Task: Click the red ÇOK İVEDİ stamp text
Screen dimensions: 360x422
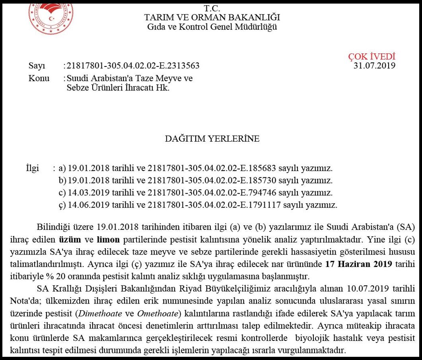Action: [371, 56]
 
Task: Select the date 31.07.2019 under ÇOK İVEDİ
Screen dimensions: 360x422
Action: [374, 66]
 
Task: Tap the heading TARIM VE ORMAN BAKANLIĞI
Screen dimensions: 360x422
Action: [212, 18]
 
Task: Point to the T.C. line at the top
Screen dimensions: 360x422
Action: [212, 8]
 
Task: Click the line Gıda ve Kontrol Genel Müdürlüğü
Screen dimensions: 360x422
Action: [212, 27]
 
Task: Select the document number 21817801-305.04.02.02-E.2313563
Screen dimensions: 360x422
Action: [133, 66]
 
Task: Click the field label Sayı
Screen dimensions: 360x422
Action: [37, 66]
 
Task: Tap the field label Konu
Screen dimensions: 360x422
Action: [39, 78]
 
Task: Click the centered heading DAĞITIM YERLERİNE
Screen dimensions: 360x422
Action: [212, 139]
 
